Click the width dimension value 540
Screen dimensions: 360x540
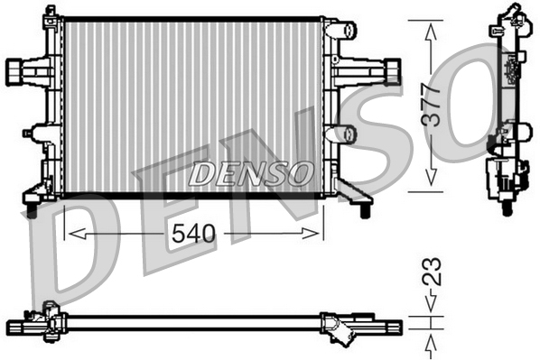click(x=195, y=234)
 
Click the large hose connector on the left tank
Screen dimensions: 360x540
click(x=20, y=69)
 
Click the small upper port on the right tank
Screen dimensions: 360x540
click(x=343, y=30)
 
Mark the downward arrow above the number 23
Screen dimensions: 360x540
click(x=432, y=307)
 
